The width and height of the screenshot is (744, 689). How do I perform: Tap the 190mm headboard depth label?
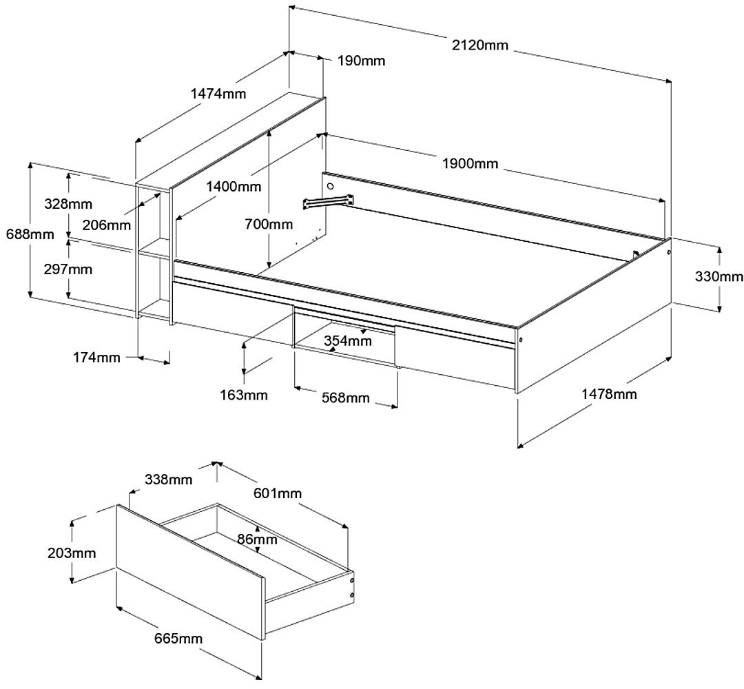click(361, 61)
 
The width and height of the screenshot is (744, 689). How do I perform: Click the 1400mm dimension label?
click(234, 186)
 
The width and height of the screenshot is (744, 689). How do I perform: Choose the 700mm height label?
click(269, 223)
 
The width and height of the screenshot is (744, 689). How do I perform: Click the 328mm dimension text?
click(68, 204)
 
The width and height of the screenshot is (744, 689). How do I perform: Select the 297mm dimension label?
click(68, 269)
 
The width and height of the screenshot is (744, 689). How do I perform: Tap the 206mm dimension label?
click(105, 224)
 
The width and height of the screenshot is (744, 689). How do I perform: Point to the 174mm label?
click(96, 357)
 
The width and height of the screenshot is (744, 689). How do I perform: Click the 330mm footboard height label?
click(719, 277)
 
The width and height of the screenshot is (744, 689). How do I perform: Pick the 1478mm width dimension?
click(609, 394)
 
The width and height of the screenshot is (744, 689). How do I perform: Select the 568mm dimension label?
click(345, 398)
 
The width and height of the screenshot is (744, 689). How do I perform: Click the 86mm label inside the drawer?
click(256, 539)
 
